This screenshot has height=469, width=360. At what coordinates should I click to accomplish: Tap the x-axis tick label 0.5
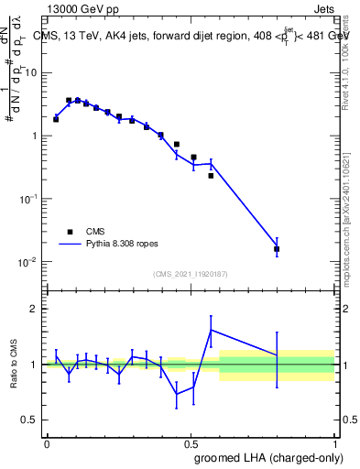click(x=191, y=442)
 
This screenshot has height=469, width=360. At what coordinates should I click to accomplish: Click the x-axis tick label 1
click(x=333, y=442)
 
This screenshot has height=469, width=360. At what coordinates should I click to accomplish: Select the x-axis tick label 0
click(x=47, y=442)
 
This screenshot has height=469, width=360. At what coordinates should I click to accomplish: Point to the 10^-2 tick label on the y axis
click(x=27, y=262)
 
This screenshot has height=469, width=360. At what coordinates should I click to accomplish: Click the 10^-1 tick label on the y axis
click(x=27, y=199)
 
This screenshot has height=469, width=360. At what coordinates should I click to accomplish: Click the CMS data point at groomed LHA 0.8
click(x=277, y=248)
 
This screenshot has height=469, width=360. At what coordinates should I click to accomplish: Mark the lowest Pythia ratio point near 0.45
click(x=177, y=395)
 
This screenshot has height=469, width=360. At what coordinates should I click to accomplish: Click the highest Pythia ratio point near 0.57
click(x=212, y=330)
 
